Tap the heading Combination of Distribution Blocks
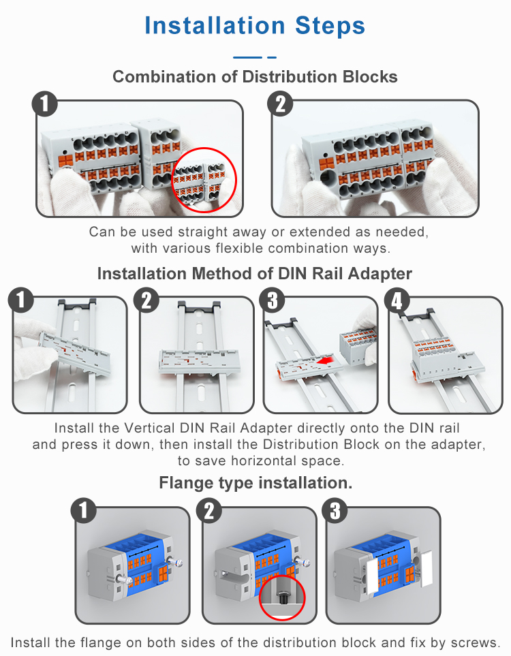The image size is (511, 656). tap(255, 76)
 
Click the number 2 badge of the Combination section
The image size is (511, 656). tap(281, 106)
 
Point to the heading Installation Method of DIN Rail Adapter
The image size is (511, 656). tap(255, 273)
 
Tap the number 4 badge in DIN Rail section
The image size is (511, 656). tap(397, 301)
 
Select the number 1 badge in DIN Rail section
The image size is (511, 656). tap(20, 300)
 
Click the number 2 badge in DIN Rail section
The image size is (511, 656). tap(147, 301)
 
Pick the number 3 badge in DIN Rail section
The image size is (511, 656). tap(272, 301)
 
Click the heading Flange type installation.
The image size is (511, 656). tap(255, 483)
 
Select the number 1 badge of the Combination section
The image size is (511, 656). tap(45, 106)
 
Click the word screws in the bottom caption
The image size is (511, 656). tap(477, 642)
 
